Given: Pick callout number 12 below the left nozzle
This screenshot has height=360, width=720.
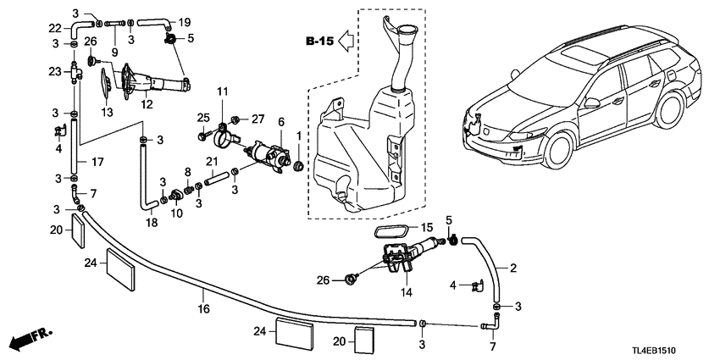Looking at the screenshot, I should click(147, 106).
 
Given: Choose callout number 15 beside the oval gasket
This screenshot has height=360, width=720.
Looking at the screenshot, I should click(428, 227).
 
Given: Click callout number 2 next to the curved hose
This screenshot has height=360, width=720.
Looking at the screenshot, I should click(513, 269).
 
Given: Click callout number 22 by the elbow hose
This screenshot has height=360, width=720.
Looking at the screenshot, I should click(54, 28).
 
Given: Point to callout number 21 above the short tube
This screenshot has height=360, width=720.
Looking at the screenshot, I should click(214, 162).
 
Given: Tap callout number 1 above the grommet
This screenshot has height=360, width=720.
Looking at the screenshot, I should click(299, 136).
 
